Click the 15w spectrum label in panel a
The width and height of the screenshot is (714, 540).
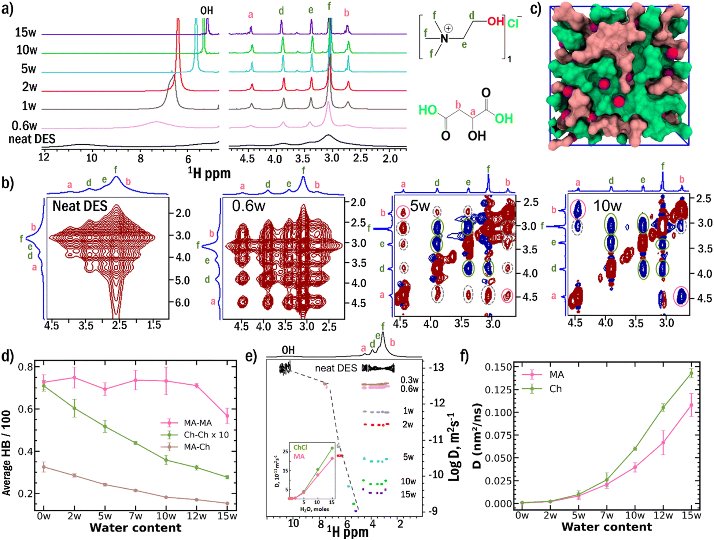(x=26, y=32)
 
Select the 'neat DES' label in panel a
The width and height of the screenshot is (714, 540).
(x=32, y=139)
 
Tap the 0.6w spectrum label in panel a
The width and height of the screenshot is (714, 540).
(x=24, y=126)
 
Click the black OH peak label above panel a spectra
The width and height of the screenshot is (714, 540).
(x=207, y=10)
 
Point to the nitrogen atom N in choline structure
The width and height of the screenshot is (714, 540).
(x=444, y=38)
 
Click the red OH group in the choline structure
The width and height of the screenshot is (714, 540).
(x=496, y=21)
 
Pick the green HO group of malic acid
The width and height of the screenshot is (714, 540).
(x=428, y=110)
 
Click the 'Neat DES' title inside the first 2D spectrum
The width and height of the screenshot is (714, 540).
(x=80, y=206)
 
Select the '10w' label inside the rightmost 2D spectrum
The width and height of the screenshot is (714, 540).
(x=607, y=206)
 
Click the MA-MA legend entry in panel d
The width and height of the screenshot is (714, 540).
(x=197, y=423)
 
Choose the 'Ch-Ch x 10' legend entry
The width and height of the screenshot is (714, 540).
(x=206, y=435)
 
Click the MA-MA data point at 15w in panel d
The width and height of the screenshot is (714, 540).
(x=227, y=416)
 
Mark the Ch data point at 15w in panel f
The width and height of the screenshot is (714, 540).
(x=691, y=373)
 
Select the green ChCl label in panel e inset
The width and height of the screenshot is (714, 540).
(x=300, y=448)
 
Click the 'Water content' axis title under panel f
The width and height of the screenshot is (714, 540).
(x=607, y=527)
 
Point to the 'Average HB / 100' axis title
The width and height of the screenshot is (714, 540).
(x=7, y=452)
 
